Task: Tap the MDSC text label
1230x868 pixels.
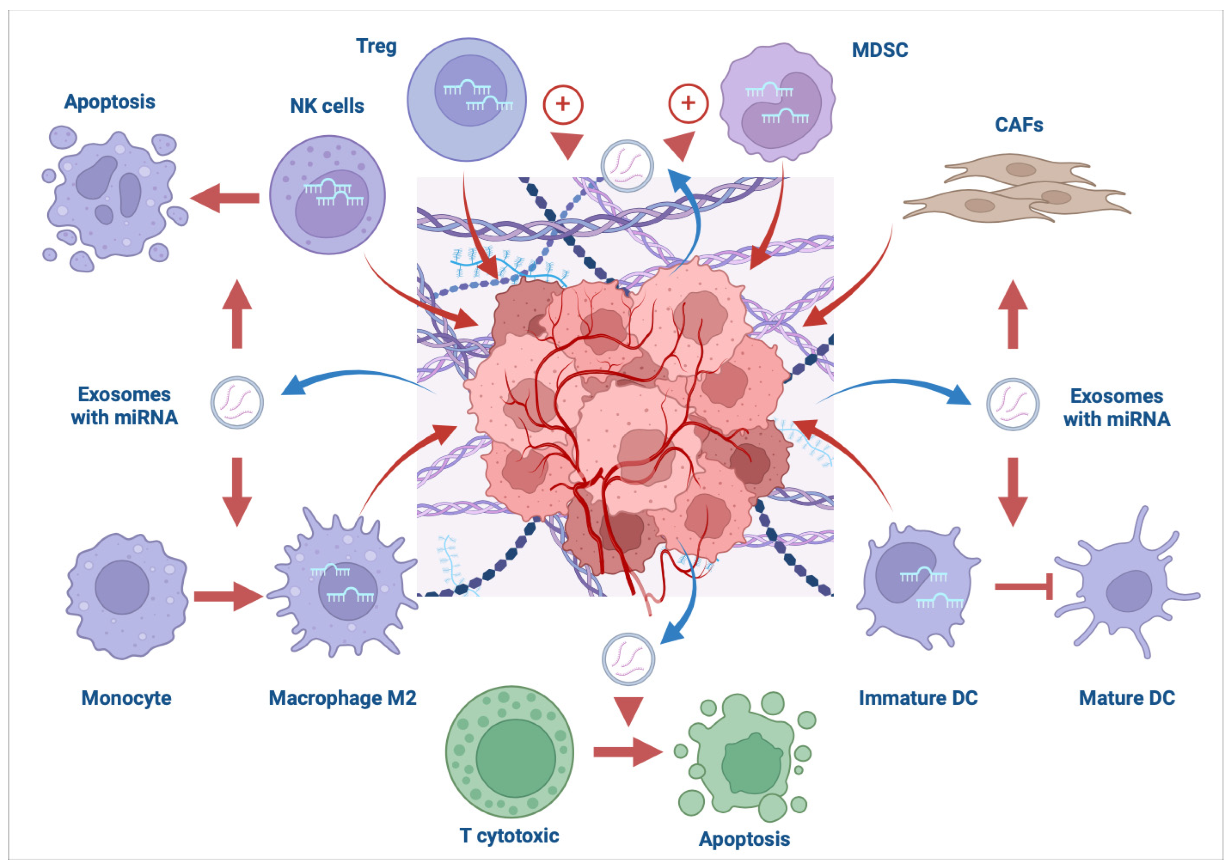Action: [880, 50]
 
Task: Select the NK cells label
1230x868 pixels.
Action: [327, 106]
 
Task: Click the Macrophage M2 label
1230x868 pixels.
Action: [342, 698]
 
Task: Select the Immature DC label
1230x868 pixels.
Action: [918, 698]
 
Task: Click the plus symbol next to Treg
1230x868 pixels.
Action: [562, 104]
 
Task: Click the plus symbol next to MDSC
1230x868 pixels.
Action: [688, 103]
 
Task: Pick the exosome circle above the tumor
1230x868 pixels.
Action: [627, 166]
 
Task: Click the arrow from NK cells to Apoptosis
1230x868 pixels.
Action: [225, 198]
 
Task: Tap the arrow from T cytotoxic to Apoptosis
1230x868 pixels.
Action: [627, 752]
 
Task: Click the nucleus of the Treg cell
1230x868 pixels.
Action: [470, 90]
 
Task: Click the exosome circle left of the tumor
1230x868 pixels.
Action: [237, 403]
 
